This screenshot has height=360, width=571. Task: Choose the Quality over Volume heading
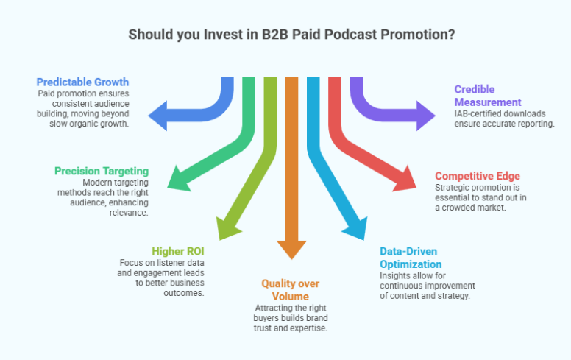tap(291, 289)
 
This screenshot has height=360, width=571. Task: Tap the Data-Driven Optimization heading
tap(410, 257)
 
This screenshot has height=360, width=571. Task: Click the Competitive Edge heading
tap(477, 176)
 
